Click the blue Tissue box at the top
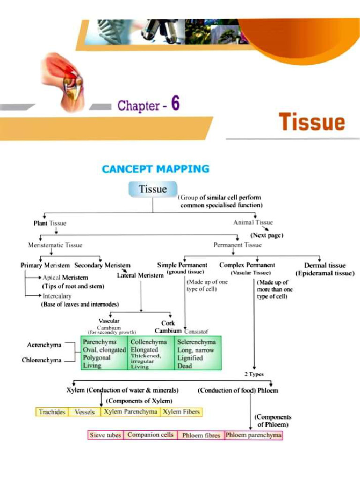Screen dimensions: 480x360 click(153, 189)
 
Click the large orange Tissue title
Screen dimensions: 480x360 click(312, 122)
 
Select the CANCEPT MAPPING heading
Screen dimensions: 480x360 click(156, 169)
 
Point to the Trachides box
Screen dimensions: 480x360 click(52, 412)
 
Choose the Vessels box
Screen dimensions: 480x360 click(85, 412)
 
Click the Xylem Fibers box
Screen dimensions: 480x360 click(181, 412)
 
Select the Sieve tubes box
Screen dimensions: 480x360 click(105, 435)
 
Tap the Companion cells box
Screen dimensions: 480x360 click(150, 435)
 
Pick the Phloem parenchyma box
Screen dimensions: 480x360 click(254, 435)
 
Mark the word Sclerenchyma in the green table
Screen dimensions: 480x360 click(196, 342)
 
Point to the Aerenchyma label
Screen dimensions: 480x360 click(44, 345)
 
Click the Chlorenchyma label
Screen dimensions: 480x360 click(42, 360)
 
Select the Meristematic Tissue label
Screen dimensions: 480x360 click(55, 245)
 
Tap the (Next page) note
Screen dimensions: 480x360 click(267, 235)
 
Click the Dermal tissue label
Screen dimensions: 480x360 click(325, 265)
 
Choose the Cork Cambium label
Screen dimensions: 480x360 click(168, 327)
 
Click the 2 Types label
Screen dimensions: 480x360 click(254, 374)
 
